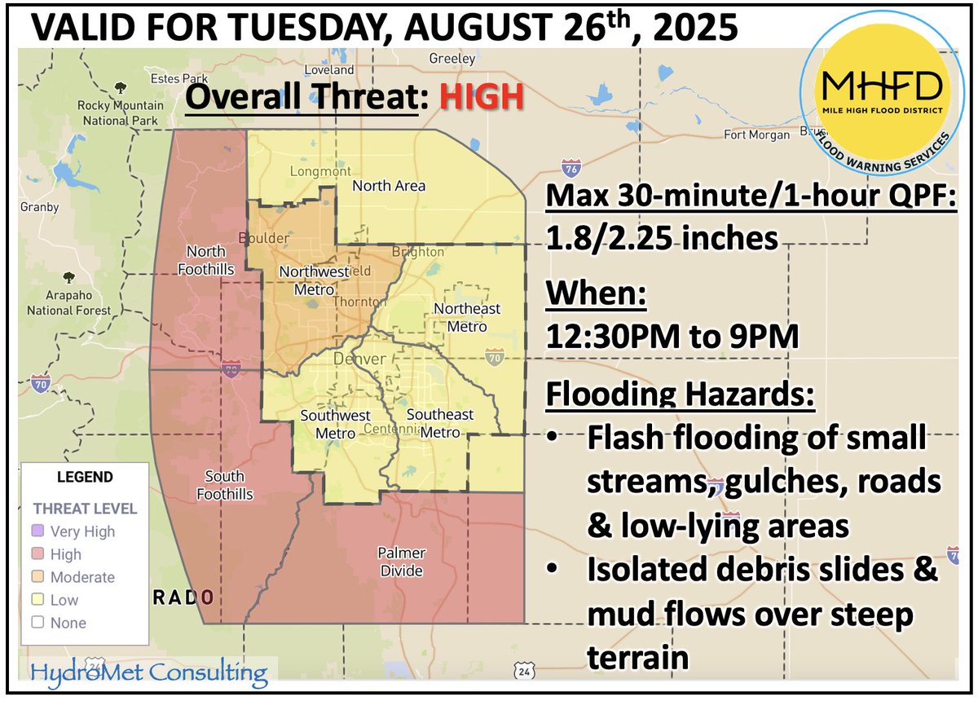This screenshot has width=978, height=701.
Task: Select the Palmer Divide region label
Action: coord(400,562)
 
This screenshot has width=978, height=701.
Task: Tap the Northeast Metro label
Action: coord(466,317)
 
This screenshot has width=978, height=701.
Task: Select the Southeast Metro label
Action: coord(440,423)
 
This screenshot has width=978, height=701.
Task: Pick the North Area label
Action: coord(389,186)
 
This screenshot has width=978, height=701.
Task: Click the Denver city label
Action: coord(355,359)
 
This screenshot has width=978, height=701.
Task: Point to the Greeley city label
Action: coord(452,59)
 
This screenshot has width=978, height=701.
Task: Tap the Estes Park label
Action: coord(170,78)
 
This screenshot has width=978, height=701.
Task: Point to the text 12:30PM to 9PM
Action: coord(672,336)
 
